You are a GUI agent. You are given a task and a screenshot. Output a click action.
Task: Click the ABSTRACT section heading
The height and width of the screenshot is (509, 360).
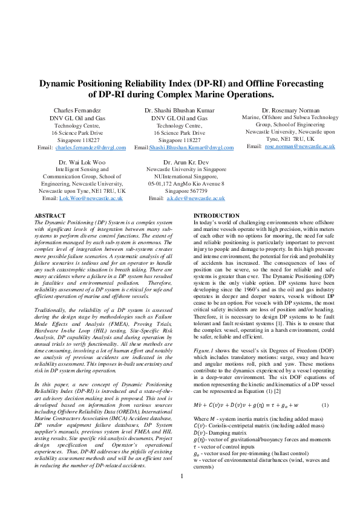point(50,216)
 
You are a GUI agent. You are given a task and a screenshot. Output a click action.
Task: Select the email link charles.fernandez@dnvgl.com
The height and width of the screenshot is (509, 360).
point(90,148)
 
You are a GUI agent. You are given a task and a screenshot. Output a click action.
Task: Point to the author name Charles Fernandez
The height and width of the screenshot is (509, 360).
point(77,111)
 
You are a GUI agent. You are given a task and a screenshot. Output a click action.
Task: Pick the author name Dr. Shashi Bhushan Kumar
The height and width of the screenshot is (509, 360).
point(179,111)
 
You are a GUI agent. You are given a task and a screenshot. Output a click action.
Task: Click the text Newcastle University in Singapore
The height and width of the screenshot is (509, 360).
point(186,170)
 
